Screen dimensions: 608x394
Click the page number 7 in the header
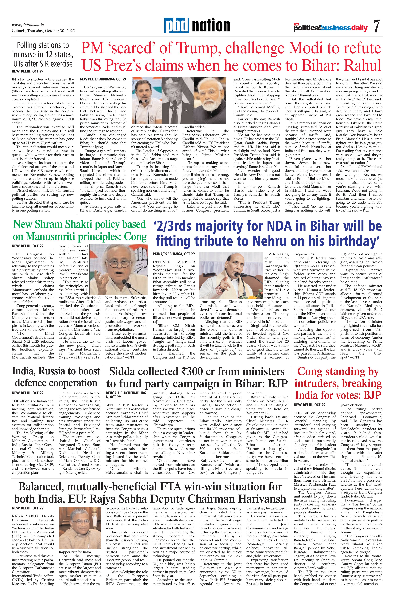(377, 26)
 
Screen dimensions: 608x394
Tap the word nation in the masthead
(211, 26)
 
